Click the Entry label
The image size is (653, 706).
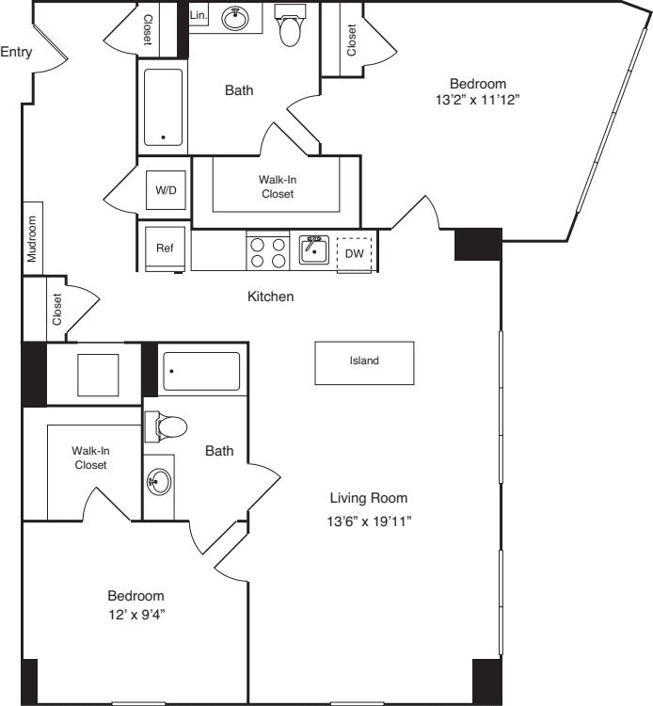[16, 52]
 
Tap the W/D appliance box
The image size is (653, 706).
[166, 190]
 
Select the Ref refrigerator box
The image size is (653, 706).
[165, 249]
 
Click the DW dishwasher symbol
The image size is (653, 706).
[354, 252]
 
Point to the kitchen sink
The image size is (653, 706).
[314, 250]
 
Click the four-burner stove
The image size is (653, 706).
[267, 251]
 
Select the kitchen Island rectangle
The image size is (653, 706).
[364, 361]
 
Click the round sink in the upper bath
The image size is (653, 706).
[231, 17]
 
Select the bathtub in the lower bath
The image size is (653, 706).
[201, 371]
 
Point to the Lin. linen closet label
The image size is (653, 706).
[198, 15]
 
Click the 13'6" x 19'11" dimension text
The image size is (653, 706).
[369, 521]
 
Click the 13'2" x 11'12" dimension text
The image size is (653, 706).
[477, 99]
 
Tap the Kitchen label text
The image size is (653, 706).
[271, 297]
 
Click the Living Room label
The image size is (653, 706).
[369, 498]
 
